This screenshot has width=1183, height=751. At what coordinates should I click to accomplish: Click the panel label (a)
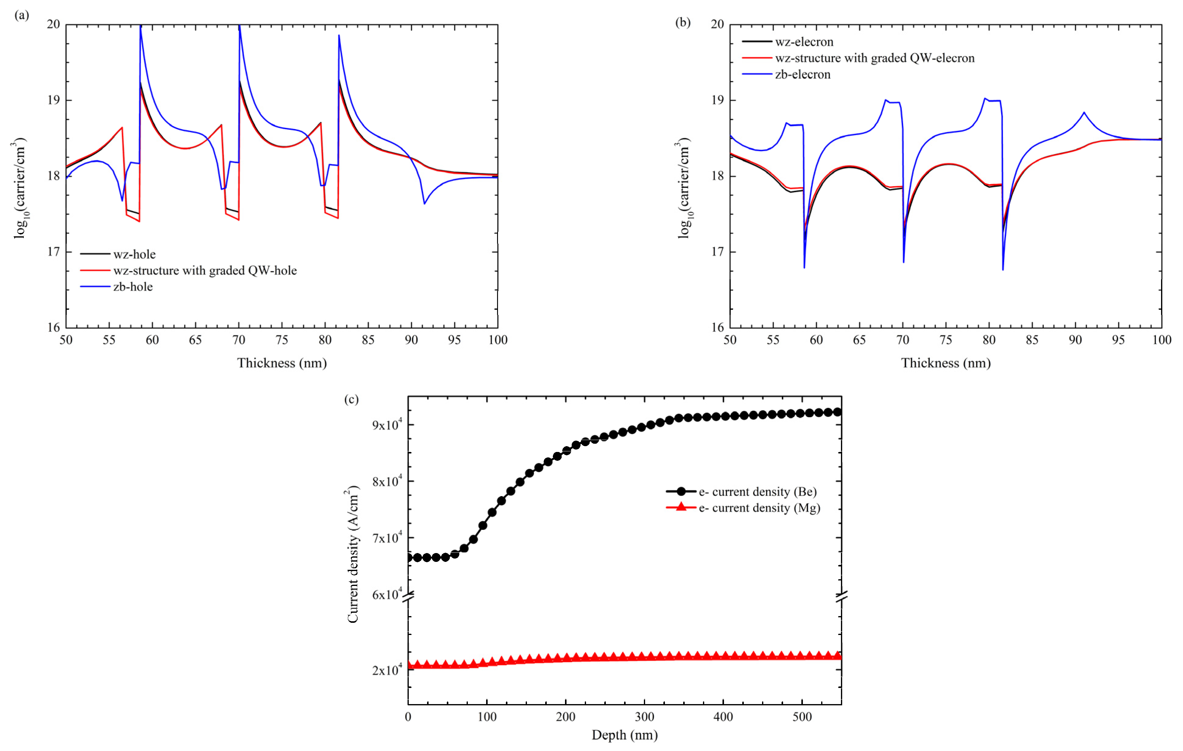(22, 15)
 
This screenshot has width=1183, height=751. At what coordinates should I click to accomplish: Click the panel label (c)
(351, 399)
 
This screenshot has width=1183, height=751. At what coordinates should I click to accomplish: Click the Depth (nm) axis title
(624, 735)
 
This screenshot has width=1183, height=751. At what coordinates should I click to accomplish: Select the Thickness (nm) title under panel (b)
(946, 363)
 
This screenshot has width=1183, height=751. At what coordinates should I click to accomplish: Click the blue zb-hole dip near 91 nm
(425, 203)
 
